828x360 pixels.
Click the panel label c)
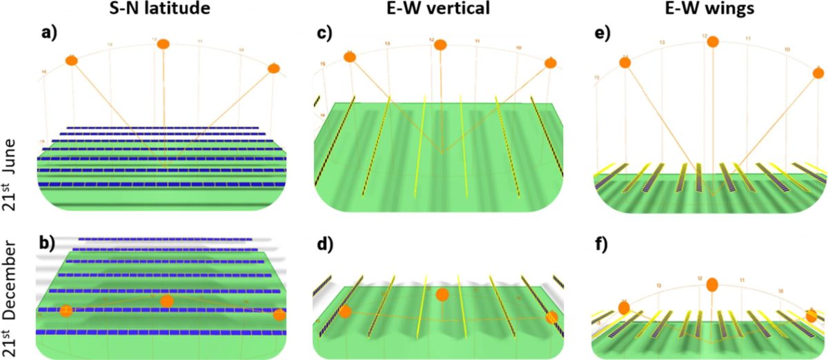(326, 32)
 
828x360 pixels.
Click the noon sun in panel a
(163, 44)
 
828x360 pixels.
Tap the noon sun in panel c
(440, 45)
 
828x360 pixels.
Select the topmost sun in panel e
(713, 41)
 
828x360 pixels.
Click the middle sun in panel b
(166, 301)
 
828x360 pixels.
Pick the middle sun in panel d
(442, 294)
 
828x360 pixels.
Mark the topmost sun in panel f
(713, 283)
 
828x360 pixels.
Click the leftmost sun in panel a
(71, 61)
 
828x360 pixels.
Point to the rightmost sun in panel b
(279, 314)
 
